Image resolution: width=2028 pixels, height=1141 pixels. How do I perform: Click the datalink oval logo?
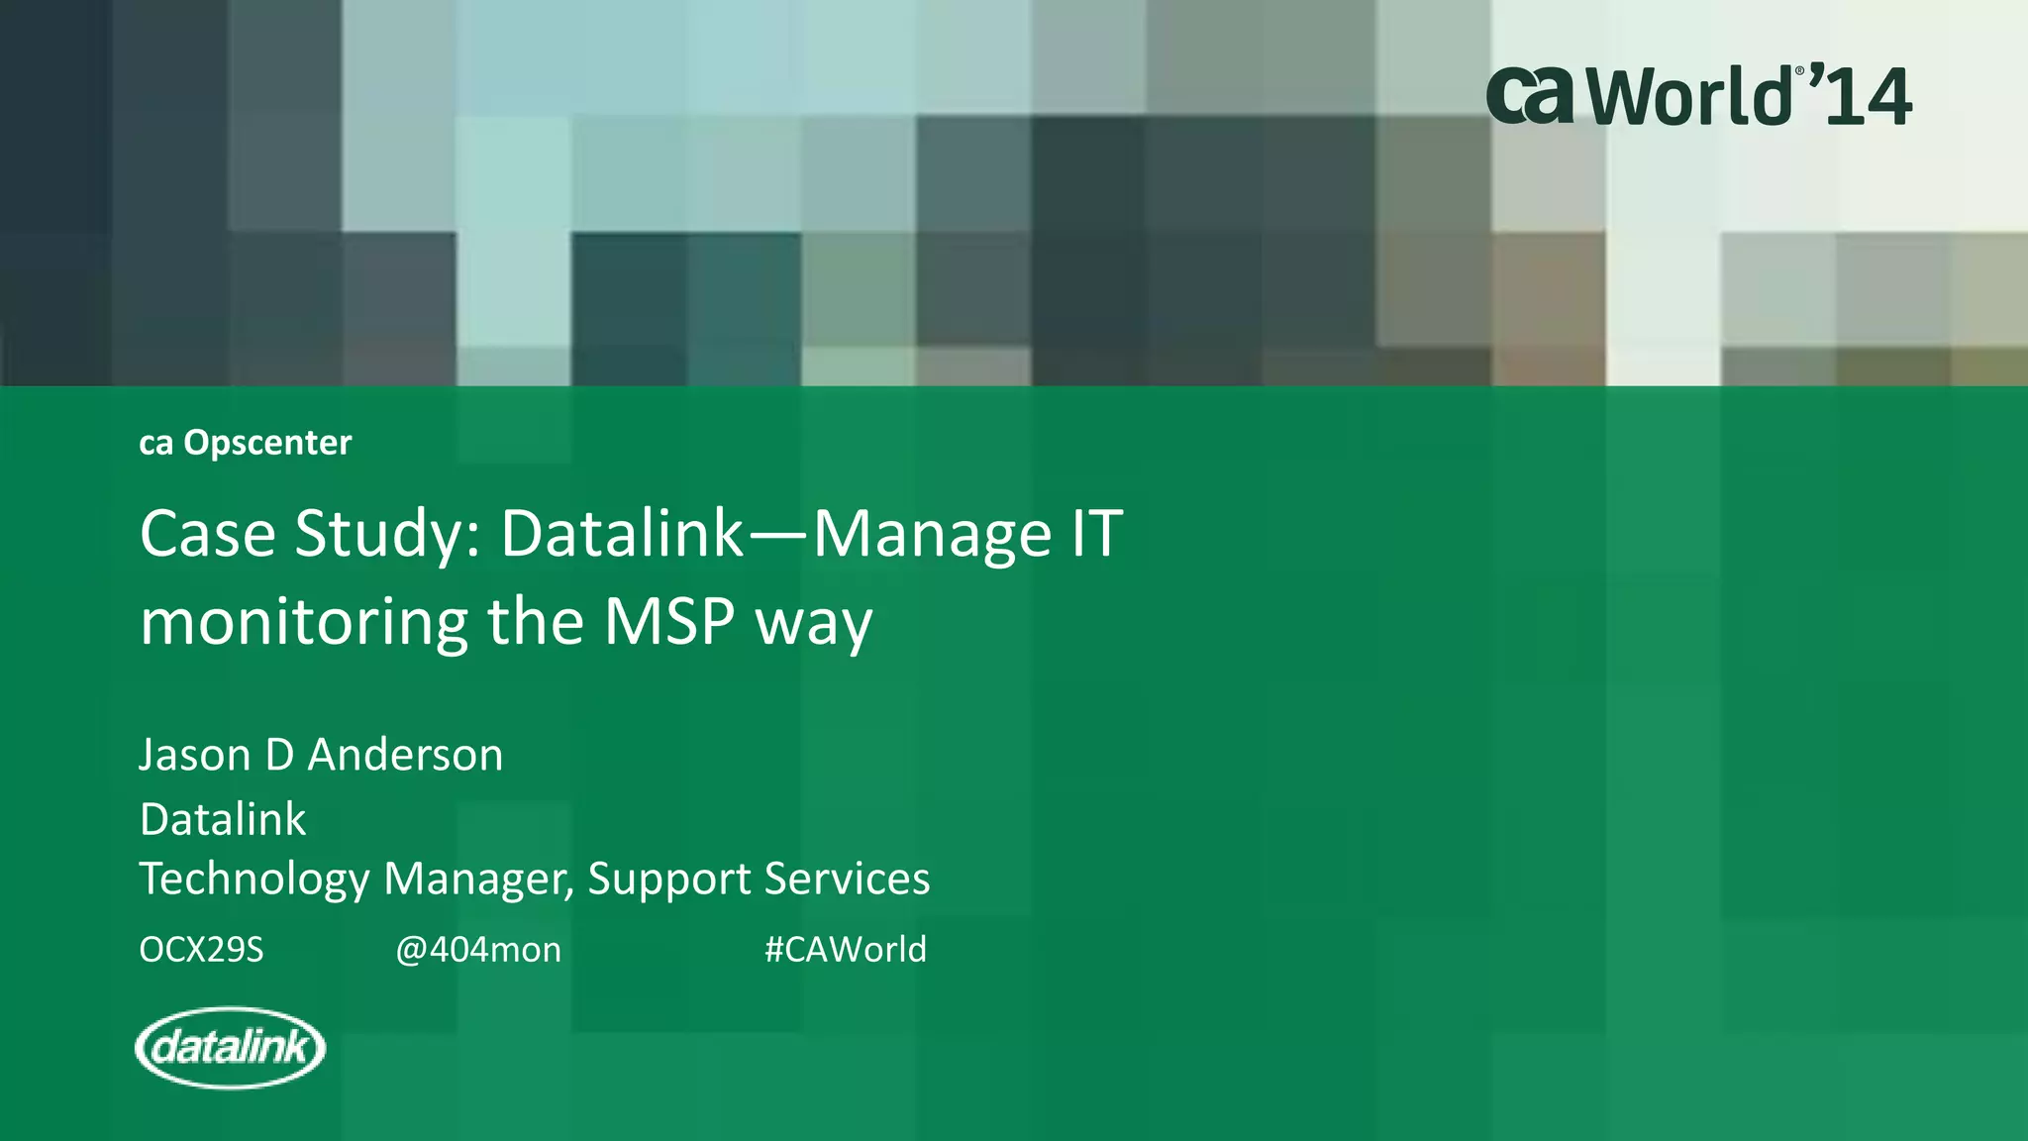pyautogui.click(x=230, y=1047)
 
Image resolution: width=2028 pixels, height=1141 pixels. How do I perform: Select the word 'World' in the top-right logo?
pyautogui.click(x=1693, y=97)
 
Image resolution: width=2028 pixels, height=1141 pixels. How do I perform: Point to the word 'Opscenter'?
pyautogui.click(x=267, y=443)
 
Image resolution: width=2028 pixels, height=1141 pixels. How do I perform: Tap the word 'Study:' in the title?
pyautogui.click(x=388, y=536)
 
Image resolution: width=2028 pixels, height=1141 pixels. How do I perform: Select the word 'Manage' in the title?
pyautogui.click(x=932, y=536)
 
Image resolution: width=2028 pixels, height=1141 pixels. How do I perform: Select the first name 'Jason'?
pyautogui.click(x=195, y=755)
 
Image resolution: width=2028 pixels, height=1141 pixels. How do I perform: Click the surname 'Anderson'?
pyautogui.click(x=405, y=755)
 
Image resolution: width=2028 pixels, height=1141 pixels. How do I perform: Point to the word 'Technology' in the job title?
pyautogui.click(x=253, y=880)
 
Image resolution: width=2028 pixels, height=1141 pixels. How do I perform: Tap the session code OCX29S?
pyautogui.click(x=201, y=950)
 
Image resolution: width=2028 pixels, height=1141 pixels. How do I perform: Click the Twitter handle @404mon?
pyautogui.click(x=478, y=950)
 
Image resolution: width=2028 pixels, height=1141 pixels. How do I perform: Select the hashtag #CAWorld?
pyautogui.click(x=846, y=949)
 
